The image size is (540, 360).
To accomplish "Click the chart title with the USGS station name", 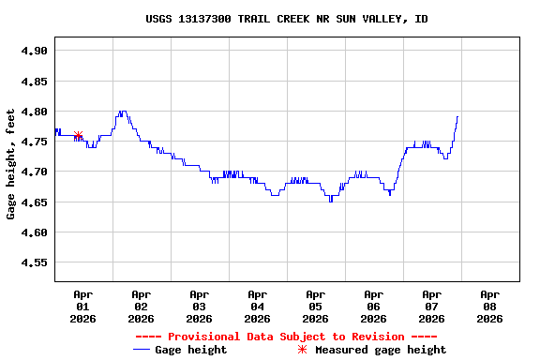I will click(x=287, y=19).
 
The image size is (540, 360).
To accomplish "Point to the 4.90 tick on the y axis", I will click(x=34, y=51).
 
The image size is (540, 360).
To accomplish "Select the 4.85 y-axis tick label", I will click(x=34, y=82).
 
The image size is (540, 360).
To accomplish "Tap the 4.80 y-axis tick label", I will click(x=34, y=112).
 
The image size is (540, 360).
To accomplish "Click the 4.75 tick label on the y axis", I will click(x=34, y=142).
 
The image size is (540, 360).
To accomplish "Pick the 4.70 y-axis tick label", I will click(x=34, y=172).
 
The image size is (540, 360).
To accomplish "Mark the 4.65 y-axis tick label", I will click(x=34, y=202).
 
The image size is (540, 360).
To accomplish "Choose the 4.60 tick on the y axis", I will click(x=34, y=232).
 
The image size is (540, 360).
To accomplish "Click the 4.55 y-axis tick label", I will click(x=34, y=262).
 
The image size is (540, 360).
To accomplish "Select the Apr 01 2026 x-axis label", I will click(x=82, y=306).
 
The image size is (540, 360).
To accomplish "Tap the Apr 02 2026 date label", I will click(x=141, y=306).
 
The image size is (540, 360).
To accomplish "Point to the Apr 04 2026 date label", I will click(x=257, y=306).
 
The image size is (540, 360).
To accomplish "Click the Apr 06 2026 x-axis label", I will click(x=373, y=306).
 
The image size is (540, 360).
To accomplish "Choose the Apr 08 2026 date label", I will click(x=489, y=306).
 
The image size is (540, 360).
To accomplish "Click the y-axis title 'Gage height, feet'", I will click(x=11, y=164).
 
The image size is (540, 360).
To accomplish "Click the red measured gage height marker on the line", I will click(x=78, y=136).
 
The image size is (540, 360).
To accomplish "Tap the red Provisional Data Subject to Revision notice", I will click(x=286, y=337).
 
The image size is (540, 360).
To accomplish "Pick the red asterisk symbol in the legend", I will click(x=302, y=350).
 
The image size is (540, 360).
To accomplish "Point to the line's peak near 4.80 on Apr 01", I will click(x=122, y=112).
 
